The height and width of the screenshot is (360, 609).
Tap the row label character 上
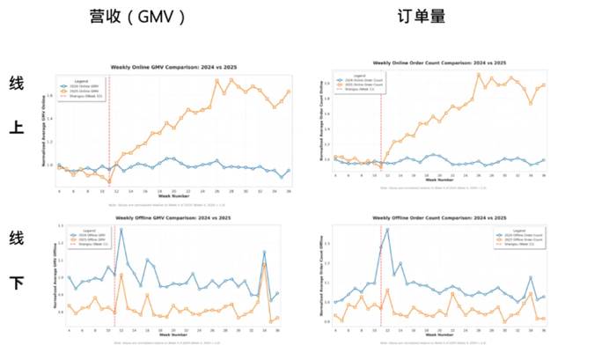pos(17,129)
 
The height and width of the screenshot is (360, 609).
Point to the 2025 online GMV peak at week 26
pos(216,80)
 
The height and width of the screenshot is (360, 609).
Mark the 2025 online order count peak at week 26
pos(479,74)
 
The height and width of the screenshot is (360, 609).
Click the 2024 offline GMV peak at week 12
pos(120,231)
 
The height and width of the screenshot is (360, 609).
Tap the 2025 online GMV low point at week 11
pos(109,181)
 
